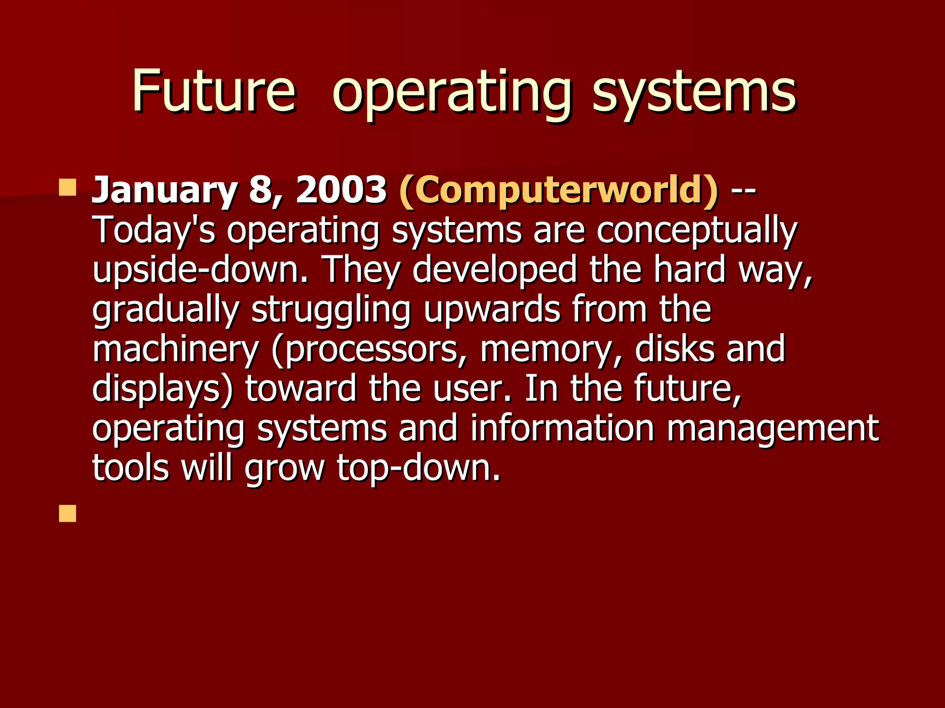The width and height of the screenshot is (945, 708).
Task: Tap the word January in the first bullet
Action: point(164,191)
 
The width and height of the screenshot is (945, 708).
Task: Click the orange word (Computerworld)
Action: point(558,191)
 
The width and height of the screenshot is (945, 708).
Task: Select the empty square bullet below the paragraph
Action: point(67,513)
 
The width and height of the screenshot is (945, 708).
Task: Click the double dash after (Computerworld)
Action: point(743,191)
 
